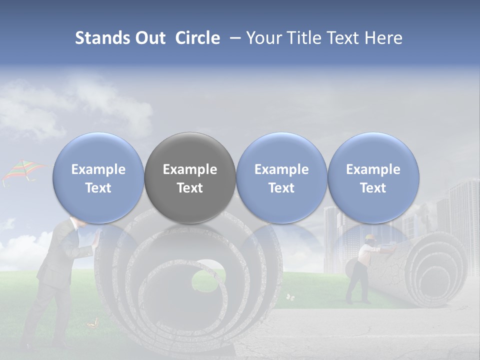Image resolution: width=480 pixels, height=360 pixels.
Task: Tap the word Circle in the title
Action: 197,38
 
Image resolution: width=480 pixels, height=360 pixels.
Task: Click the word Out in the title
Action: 150,38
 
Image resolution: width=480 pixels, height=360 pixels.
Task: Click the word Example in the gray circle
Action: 190,169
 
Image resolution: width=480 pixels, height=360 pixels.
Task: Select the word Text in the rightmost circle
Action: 373,188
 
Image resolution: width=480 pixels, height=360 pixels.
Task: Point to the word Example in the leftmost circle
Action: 98,169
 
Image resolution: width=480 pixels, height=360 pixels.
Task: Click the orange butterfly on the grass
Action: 91,324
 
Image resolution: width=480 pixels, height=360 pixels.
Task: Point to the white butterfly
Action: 290,297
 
